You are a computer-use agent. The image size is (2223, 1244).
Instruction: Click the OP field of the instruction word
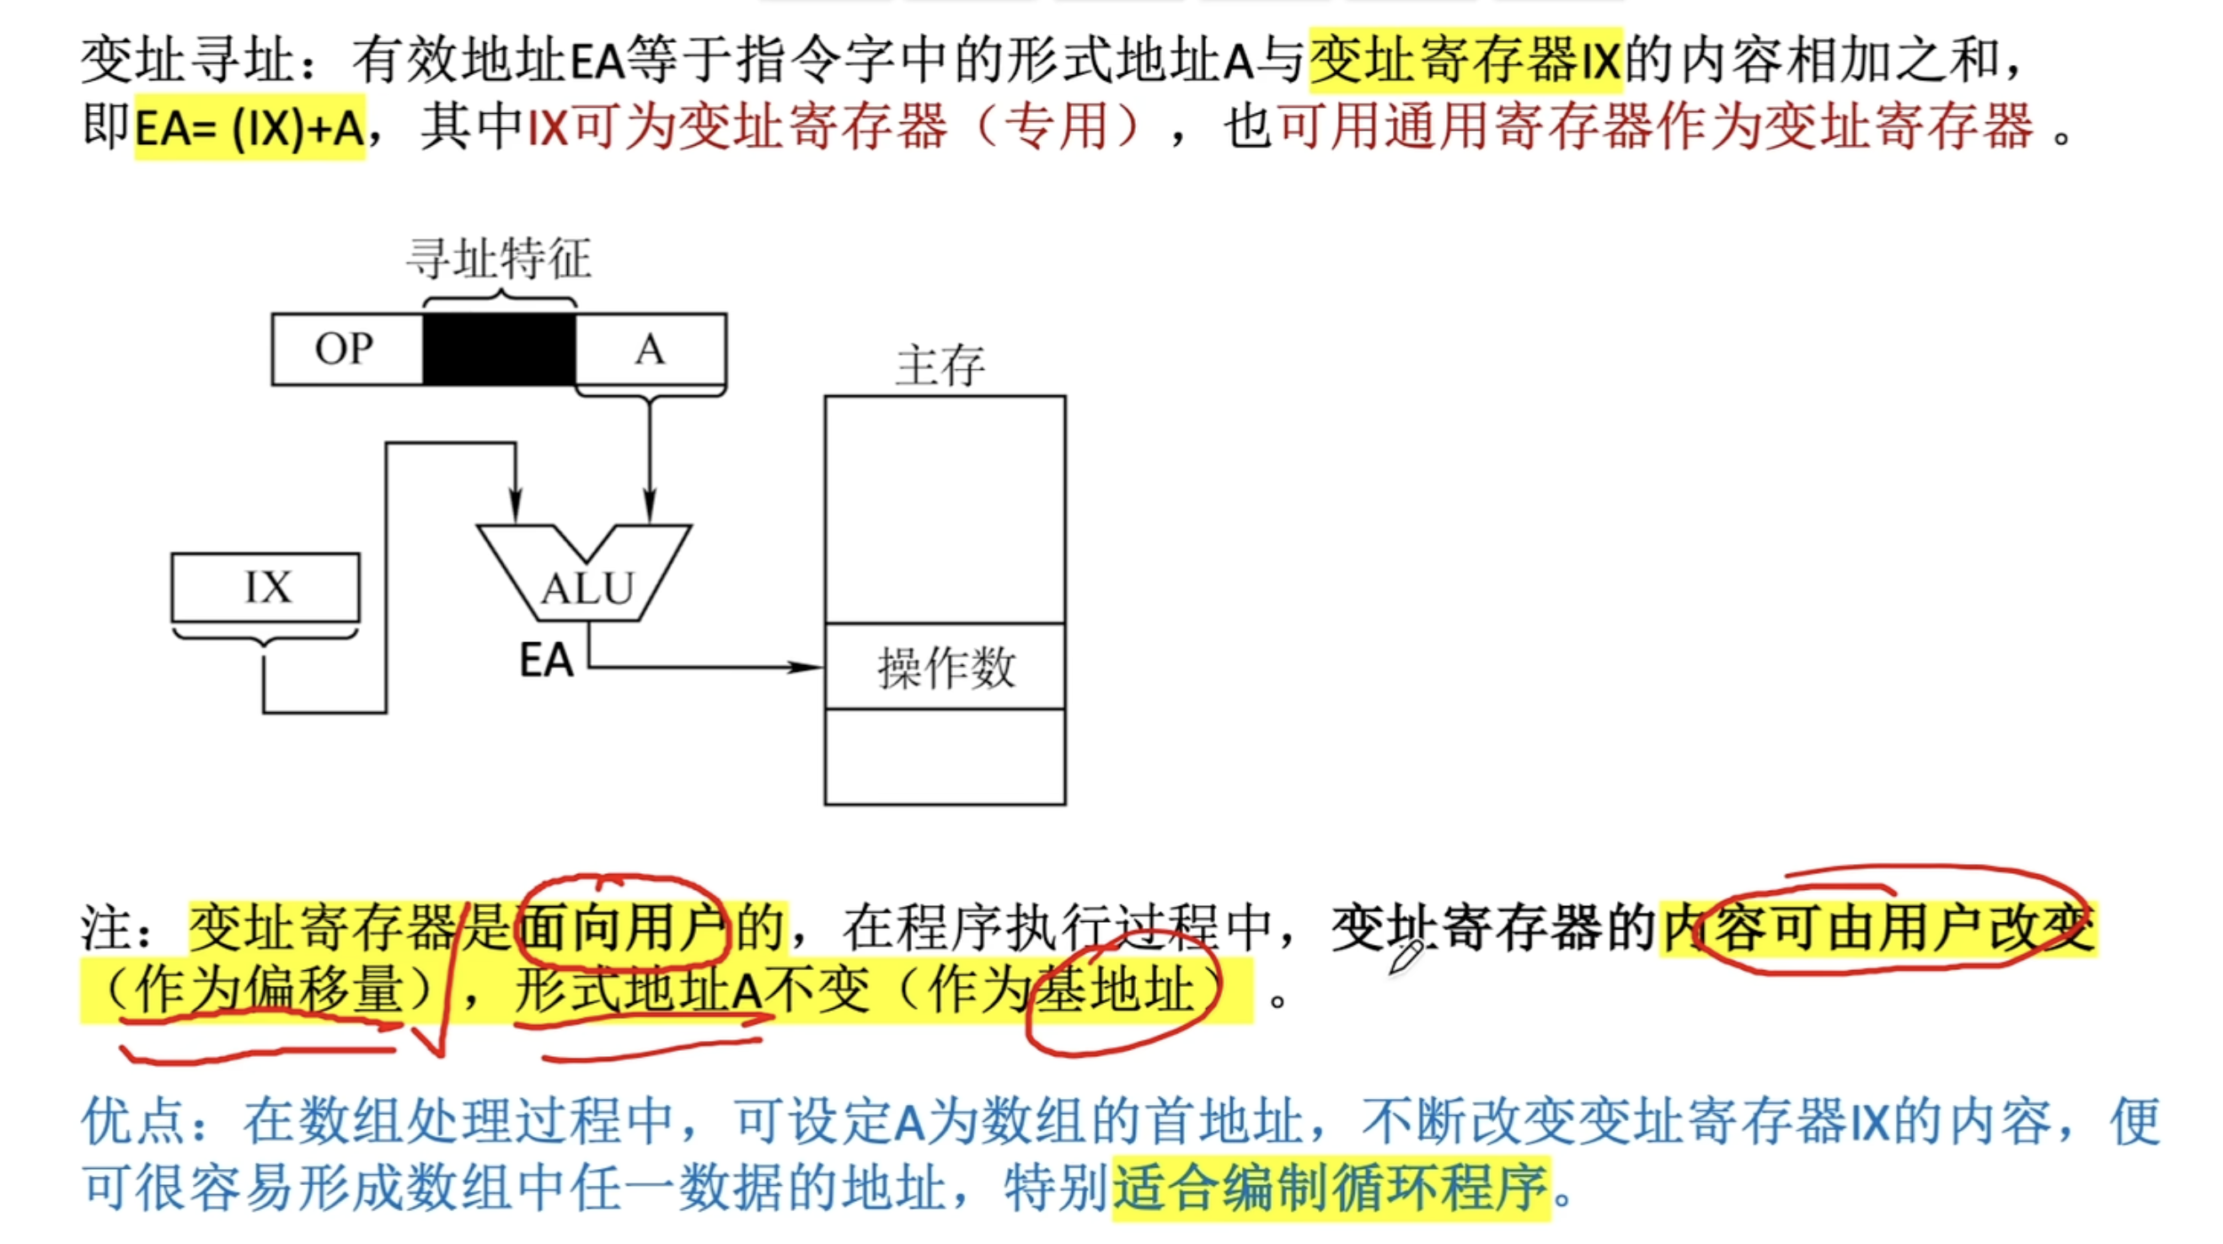[x=346, y=350]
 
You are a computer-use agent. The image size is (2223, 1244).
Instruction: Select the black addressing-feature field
[x=499, y=350]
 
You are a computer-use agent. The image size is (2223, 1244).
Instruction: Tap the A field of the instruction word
[x=650, y=350]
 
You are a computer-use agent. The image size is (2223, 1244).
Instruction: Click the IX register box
[x=265, y=588]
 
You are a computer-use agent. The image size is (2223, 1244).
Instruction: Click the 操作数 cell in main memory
[x=945, y=668]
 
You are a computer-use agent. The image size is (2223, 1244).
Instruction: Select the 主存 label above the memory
[x=940, y=366]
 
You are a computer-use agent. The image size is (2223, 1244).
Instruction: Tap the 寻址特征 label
[x=499, y=259]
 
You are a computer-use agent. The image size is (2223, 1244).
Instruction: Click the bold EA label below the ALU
[x=546, y=662]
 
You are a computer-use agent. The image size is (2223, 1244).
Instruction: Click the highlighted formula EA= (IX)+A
[x=249, y=128]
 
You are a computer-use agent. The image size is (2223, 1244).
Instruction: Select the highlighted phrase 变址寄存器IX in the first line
[x=1465, y=61]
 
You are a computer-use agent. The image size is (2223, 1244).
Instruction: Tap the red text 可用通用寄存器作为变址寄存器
[x=1655, y=128]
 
